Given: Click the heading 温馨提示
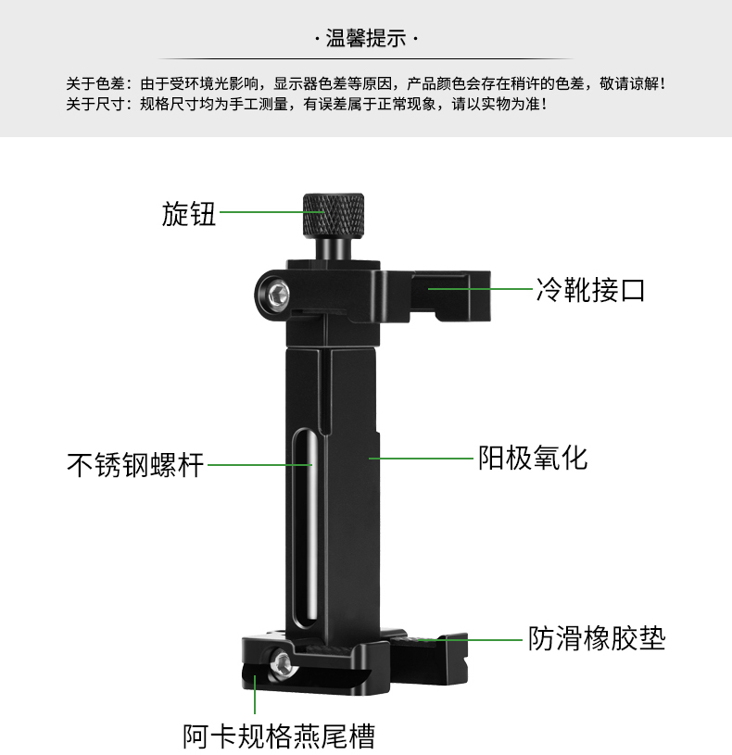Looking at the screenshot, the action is pyautogui.click(x=366, y=39).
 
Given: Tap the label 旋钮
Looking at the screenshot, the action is pyautogui.click(x=188, y=214).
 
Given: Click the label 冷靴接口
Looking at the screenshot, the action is pyautogui.click(x=590, y=290).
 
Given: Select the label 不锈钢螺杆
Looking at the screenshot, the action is pyautogui.click(x=135, y=465).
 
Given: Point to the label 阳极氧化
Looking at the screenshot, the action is pyautogui.click(x=533, y=458).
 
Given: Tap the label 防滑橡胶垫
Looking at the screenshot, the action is pyautogui.click(x=597, y=638).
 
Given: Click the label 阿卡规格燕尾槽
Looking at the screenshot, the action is pyautogui.click(x=279, y=736).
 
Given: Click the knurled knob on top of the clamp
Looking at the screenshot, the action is pyautogui.click(x=334, y=215).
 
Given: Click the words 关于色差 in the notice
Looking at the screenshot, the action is pyautogui.click(x=95, y=83).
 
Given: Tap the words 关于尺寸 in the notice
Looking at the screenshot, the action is pyautogui.click(x=95, y=104).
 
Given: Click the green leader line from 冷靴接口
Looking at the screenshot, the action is pyautogui.click(x=480, y=289).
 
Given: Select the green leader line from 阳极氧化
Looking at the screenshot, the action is pyautogui.click(x=422, y=458).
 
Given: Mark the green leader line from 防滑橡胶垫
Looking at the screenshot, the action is pyautogui.click(x=471, y=640).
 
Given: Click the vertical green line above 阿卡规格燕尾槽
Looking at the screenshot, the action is pyautogui.click(x=255, y=694).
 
